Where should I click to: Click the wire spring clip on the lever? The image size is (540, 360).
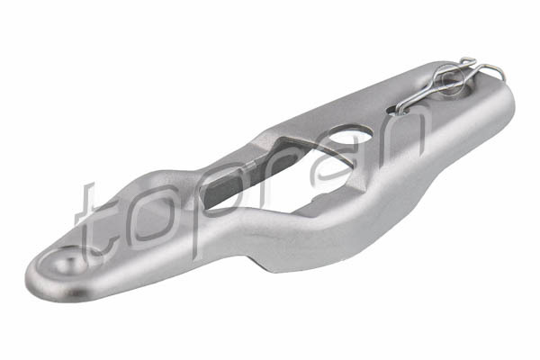coord(447,83)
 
